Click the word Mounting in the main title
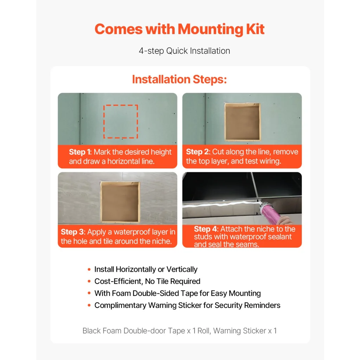click(210, 30)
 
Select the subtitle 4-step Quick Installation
click(184, 51)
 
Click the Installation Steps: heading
click(179, 79)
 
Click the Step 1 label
click(80, 152)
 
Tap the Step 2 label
click(198, 152)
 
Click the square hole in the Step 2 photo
click(243, 122)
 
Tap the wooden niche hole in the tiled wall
click(120, 202)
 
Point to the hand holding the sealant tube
click(285, 220)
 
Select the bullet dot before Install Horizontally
click(89, 269)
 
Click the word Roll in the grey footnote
click(204, 330)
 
